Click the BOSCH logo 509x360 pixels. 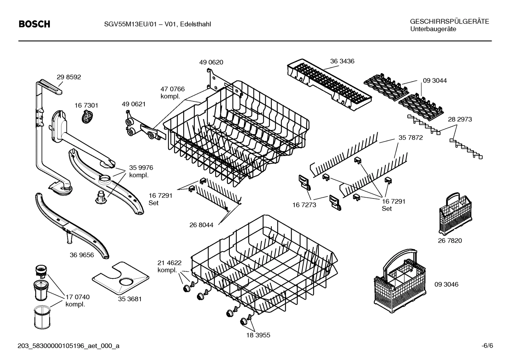tap(34, 24)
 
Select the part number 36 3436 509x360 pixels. tap(342, 61)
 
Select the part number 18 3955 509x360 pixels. tap(258, 335)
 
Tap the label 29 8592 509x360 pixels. tap(69, 77)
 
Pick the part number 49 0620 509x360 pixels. tap(211, 62)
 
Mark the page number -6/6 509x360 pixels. tap(487, 346)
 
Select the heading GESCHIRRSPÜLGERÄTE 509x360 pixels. tap(449, 22)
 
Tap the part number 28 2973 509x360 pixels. tap(460, 119)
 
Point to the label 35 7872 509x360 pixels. tap(411, 138)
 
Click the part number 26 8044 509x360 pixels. tap(201, 225)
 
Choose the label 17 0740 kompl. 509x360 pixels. tap(77, 301)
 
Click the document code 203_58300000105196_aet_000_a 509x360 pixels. tap(68, 346)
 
